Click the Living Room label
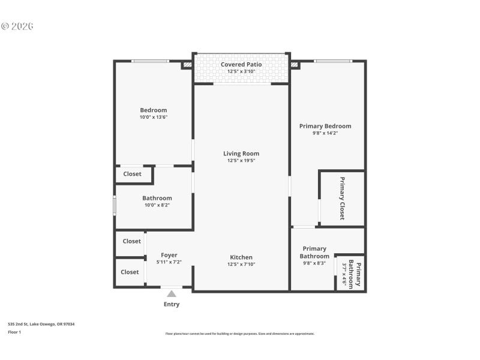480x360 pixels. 241,154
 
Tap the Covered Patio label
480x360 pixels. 241,64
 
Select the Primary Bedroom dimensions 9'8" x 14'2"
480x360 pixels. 325,133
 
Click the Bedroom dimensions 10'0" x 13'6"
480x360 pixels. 154,117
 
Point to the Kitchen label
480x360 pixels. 241,257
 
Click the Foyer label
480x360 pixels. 169,255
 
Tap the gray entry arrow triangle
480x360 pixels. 172,294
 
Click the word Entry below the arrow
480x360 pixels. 172,304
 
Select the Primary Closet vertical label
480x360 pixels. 343,199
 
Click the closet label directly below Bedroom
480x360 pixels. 132,174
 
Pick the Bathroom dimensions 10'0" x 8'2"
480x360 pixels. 157,205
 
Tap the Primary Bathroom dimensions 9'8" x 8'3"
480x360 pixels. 314,263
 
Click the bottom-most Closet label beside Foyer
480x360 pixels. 130,272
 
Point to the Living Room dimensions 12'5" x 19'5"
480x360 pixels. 241,161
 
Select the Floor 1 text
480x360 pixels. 14,332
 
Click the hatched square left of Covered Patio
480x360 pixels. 187,64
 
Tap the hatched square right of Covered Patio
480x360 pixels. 294,64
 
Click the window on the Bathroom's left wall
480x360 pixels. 115,205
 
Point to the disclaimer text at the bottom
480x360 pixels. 240,334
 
